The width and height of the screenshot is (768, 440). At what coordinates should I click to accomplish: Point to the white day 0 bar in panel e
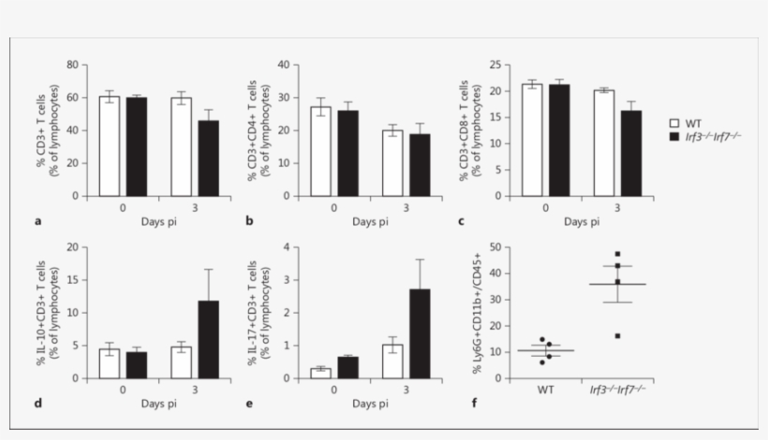[321, 373]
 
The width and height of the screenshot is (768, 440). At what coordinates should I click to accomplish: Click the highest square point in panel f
[617, 254]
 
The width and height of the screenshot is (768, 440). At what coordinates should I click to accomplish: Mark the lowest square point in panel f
[617, 335]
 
